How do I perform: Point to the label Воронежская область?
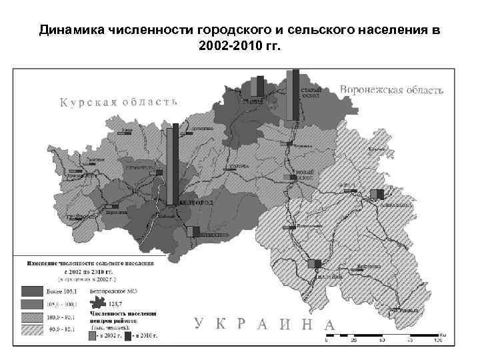(x=391, y=89)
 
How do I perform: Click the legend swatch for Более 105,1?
(x=31, y=291)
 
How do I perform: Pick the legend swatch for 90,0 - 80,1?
(x=31, y=329)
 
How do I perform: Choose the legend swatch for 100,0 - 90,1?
(x=31, y=317)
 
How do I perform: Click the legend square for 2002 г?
(x=92, y=337)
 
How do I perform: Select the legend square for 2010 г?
(x=127, y=337)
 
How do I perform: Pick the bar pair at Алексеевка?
(x=377, y=193)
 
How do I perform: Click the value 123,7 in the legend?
(x=125, y=303)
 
